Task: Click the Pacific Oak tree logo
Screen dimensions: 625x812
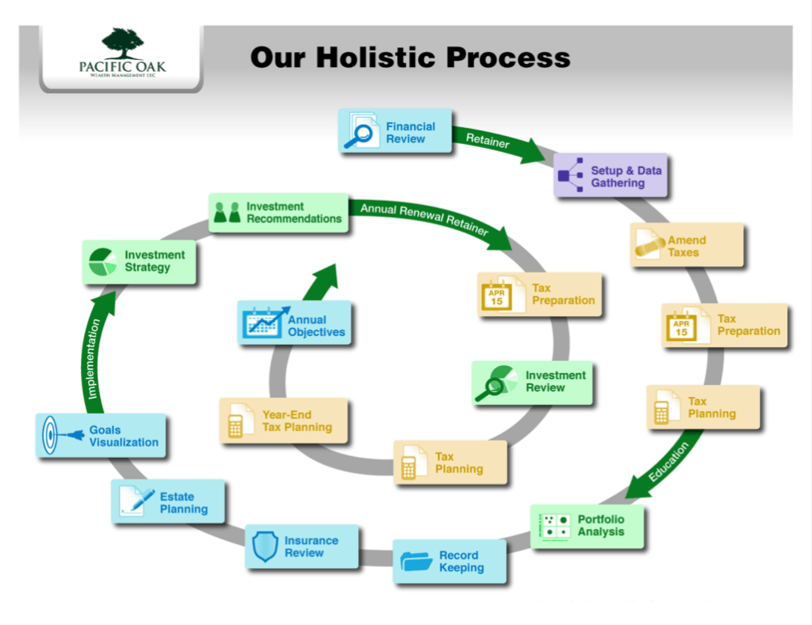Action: (x=123, y=42)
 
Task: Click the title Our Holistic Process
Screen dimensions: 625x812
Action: (x=410, y=58)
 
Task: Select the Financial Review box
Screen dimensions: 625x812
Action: (x=396, y=131)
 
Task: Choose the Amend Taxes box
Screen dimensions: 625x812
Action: (x=686, y=246)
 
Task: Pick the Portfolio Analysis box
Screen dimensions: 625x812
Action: (x=587, y=526)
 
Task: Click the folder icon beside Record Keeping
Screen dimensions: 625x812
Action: (x=416, y=560)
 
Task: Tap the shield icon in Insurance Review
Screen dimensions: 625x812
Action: (x=265, y=547)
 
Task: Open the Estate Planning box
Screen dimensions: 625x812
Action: (x=168, y=502)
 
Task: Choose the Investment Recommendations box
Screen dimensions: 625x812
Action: (x=279, y=212)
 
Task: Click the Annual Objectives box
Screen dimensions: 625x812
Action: (x=295, y=323)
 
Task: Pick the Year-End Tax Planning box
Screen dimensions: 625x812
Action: (x=283, y=420)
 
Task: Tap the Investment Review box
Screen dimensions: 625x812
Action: (x=533, y=382)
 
